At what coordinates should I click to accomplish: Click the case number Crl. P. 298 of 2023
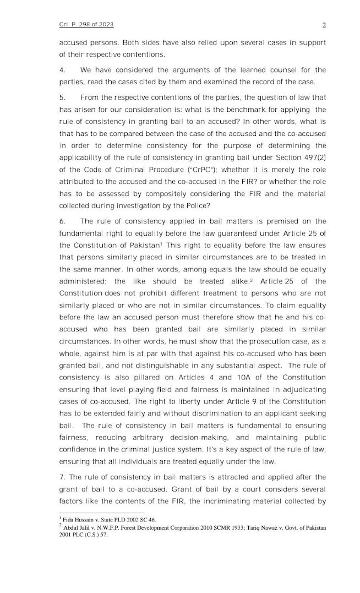[86, 25]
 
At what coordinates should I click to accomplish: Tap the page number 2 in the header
[324, 25]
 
